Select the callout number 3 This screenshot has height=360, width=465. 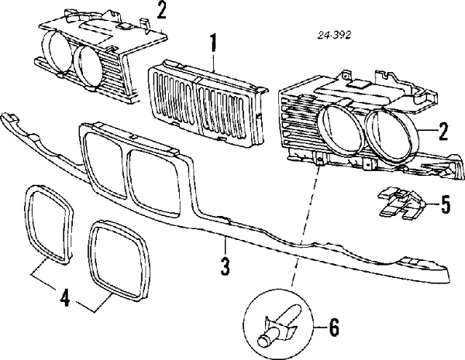coord(225,267)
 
